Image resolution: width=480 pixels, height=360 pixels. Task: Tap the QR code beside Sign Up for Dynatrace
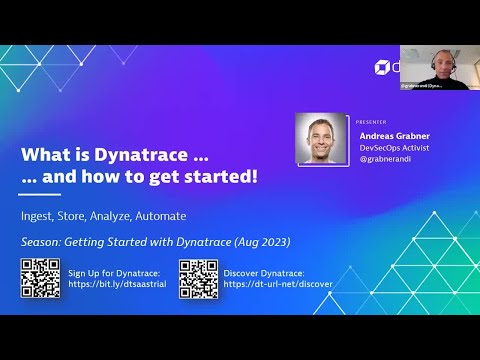coord(40,277)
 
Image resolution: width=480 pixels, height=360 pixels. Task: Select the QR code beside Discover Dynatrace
coord(198,277)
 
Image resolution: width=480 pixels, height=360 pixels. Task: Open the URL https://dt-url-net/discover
coord(278,284)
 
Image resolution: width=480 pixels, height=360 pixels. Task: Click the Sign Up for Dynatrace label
coord(117,271)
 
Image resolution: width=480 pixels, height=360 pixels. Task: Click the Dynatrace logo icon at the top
coord(381,67)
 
